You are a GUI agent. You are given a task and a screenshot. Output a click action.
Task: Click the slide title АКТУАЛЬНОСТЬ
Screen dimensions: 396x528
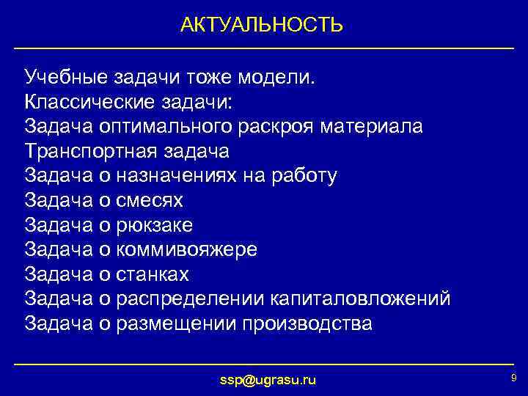click(262, 26)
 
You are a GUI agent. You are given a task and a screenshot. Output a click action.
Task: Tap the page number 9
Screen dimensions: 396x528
click(513, 378)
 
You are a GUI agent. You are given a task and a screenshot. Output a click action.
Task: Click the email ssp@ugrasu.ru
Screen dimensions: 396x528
click(268, 380)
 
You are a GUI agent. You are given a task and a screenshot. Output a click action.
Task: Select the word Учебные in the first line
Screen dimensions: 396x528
click(65, 76)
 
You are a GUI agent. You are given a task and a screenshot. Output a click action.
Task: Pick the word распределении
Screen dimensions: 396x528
click(191, 299)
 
